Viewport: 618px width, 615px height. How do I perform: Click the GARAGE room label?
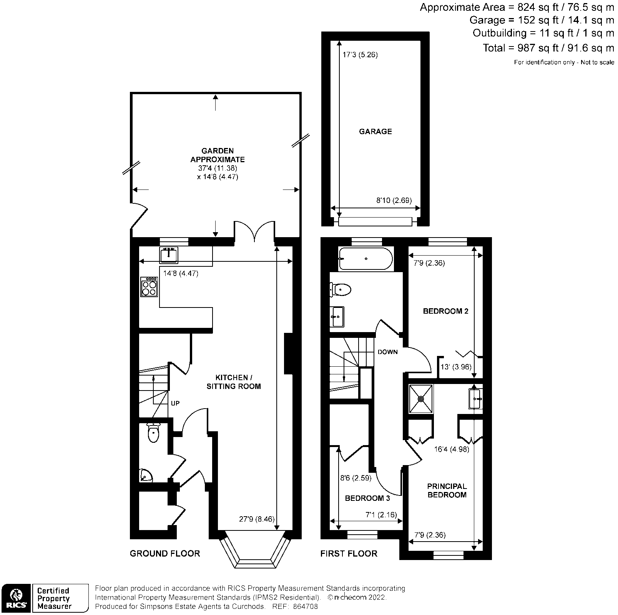pyautogui.click(x=375, y=131)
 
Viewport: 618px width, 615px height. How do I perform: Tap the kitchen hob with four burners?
pyautogui.click(x=149, y=287)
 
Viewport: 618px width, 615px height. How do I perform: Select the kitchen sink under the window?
pyautogui.click(x=169, y=255)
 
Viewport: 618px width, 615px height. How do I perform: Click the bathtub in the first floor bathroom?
pyautogui.click(x=365, y=259)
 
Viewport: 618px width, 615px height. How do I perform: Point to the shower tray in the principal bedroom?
pyautogui.click(x=421, y=399)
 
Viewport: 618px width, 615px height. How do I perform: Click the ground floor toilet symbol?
pyautogui.click(x=153, y=433)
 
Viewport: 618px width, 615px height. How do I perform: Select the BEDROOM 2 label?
pyautogui.click(x=445, y=311)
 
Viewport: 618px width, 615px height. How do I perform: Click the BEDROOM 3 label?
pyautogui.click(x=367, y=498)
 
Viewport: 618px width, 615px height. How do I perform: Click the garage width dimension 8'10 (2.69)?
pyautogui.click(x=394, y=200)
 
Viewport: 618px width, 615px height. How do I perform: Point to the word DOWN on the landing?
pyautogui.click(x=387, y=352)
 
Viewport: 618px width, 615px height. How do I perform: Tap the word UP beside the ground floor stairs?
pyautogui.click(x=175, y=403)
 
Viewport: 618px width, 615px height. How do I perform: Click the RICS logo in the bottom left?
pyautogui.click(x=15, y=598)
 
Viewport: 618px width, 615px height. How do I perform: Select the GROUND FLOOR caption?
pyautogui.click(x=165, y=553)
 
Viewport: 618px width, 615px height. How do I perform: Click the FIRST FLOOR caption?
pyautogui.click(x=349, y=553)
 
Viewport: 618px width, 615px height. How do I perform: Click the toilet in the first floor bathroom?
pyautogui.click(x=341, y=289)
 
